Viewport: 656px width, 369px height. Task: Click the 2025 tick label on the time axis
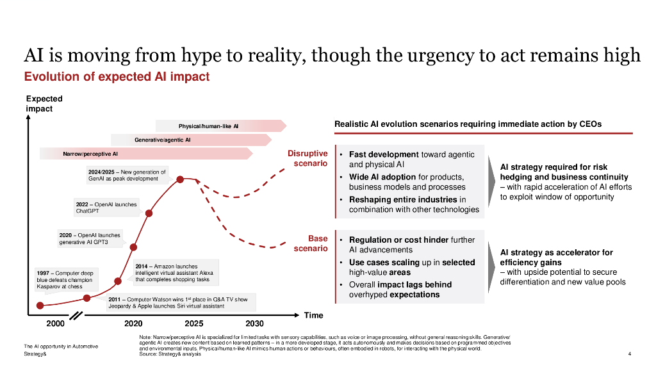[x=194, y=324]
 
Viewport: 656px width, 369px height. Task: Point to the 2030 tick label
[x=254, y=324]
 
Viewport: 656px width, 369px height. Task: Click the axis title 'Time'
[x=313, y=315]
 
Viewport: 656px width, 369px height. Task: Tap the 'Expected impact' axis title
[x=39, y=104]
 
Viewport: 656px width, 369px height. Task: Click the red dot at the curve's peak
[x=181, y=179]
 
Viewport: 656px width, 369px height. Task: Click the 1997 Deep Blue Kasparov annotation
[x=64, y=280]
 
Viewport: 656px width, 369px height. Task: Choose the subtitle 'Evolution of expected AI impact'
[x=117, y=77]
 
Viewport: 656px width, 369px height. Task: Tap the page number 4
[x=630, y=354]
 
